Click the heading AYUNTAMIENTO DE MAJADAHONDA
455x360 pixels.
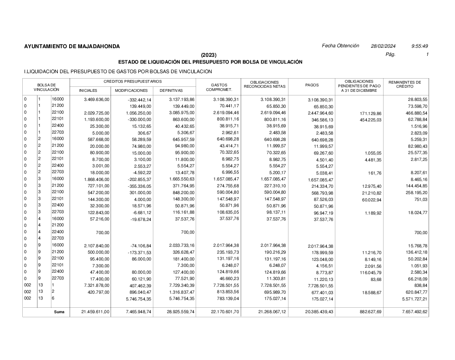point(72,46)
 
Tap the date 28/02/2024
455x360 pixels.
point(383,46)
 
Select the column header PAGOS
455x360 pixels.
point(312,85)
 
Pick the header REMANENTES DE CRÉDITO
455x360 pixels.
point(405,85)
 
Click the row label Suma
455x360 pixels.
point(59,312)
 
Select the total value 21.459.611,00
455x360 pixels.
point(95,312)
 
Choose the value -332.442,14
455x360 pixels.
point(139,99)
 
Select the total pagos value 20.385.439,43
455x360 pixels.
point(317,313)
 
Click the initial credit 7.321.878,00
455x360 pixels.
point(94,285)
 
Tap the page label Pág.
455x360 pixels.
point(390,55)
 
